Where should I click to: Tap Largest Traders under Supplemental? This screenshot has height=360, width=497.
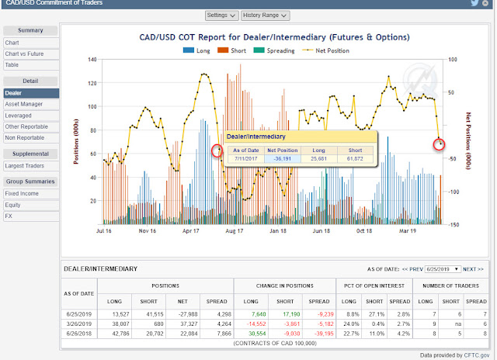tap(25, 165)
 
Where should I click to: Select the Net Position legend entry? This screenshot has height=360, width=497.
tap(326, 50)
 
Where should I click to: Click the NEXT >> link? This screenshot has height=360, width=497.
tap(472, 268)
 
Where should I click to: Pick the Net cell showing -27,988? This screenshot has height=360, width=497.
tap(179, 312)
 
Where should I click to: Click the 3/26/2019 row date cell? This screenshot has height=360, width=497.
tap(79, 322)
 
